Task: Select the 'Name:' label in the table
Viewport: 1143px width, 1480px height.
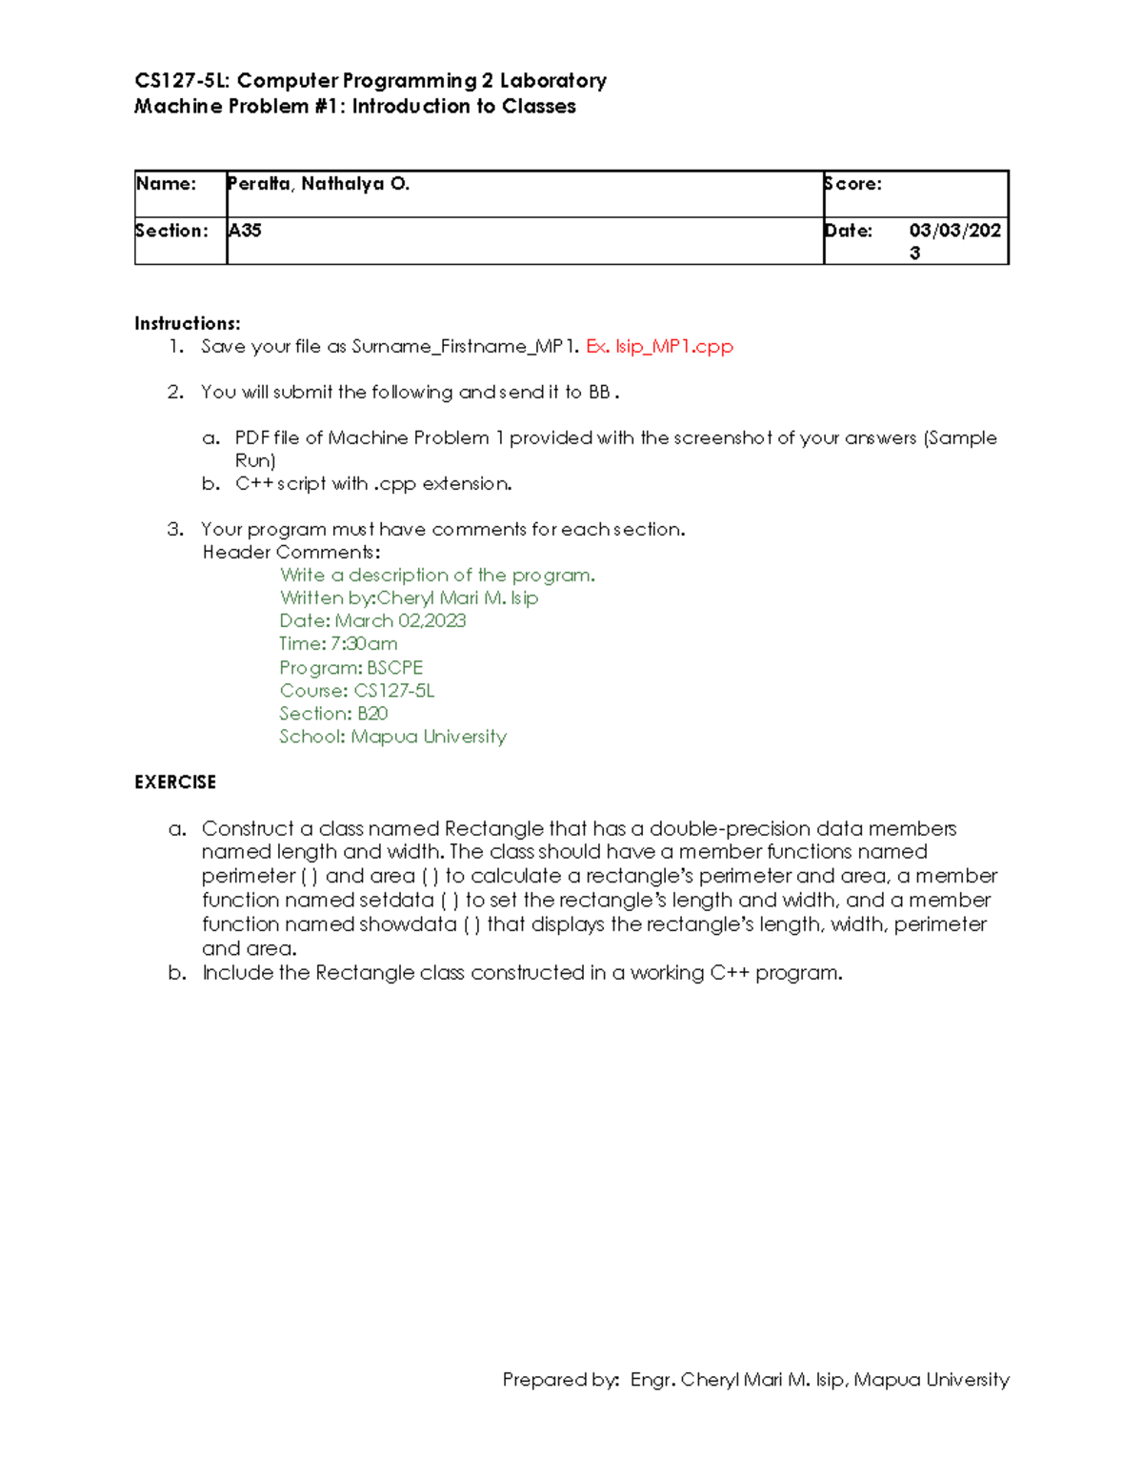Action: (x=166, y=184)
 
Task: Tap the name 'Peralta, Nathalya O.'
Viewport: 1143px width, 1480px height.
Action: (x=318, y=184)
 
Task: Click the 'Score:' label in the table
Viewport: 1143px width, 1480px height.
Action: (x=853, y=184)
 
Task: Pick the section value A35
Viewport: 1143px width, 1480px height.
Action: (x=245, y=231)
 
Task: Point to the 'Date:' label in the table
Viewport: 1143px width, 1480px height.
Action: (x=849, y=231)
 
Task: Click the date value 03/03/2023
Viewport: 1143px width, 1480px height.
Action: (x=954, y=240)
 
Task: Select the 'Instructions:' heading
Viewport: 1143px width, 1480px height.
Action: (x=188, y=323)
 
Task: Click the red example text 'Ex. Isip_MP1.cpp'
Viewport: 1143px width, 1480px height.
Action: (x=659, y=346)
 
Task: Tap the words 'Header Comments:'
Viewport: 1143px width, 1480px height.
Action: (x=291, y=552)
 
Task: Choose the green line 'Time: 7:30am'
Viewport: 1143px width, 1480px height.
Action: (x=338, y=643)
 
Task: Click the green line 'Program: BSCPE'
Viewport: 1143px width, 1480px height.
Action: (x=351, y=667)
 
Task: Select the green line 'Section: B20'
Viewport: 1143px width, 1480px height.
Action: (x=333, y=713)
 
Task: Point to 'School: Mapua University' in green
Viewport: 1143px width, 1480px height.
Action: (x=392, y=736)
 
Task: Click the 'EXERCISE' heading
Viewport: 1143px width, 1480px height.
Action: (x=175, y=781)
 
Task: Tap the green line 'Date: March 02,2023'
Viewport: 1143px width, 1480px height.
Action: (x=372, y=620)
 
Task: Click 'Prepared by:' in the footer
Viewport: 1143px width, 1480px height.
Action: (x=561, y=1379)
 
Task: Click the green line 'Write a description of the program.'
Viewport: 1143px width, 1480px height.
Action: (x=437, y=575)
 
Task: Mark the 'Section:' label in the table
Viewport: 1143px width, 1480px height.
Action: (x=171, y=231)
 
